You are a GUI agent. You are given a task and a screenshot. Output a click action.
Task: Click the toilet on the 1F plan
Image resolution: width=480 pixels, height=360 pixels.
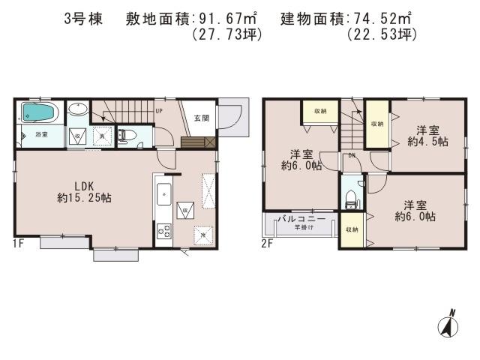(127, 136)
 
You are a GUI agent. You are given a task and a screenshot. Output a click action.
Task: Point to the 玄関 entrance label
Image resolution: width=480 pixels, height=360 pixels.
(201, 118)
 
